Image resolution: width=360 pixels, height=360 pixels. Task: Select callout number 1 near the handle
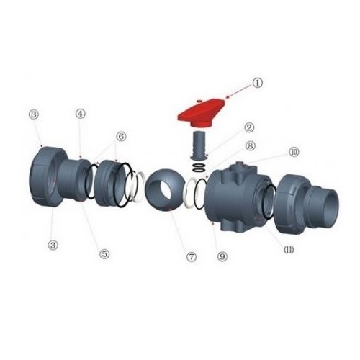(x=258, y=83)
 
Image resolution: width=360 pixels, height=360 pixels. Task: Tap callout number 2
(x=250, y=127)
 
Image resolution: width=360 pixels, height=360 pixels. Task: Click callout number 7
(x=192, y=257)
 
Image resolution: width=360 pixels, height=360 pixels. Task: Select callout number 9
(x=222, y=257)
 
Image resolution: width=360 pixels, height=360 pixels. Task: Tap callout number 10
(x=294, y=152)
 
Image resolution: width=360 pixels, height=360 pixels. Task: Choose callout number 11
(x=289, y=250)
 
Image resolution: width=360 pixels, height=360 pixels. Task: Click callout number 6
(x=121, y=137)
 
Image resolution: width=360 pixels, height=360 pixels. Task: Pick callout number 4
(x=81, y=114)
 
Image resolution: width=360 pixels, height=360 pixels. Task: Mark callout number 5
(x=104, y=253)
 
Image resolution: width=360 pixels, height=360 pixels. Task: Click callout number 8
(x=250, y=145)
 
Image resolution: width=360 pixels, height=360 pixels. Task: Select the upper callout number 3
(x=34, y=114)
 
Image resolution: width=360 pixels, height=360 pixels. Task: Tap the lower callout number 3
(x=53, y=245)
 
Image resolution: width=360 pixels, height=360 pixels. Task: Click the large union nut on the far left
(x=45, y=176)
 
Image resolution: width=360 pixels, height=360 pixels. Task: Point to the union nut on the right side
(x=289, y=204)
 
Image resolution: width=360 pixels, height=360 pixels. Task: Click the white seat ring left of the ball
(x=139, y=187)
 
